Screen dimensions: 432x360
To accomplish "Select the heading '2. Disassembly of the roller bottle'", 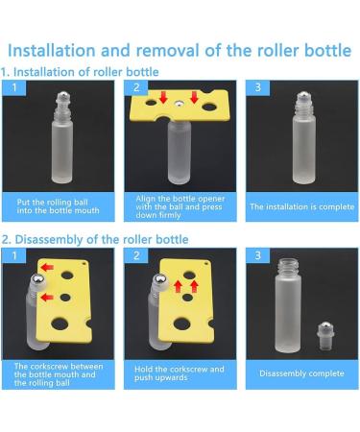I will pos(95,239).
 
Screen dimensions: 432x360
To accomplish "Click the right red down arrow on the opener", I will pos(196,97).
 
